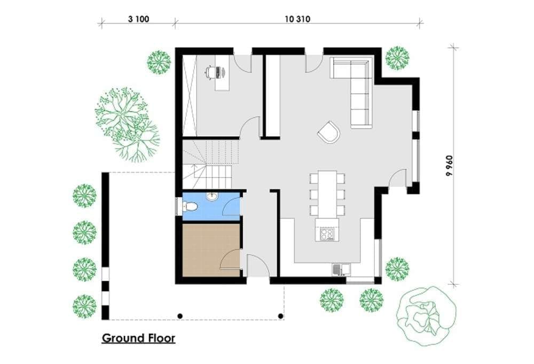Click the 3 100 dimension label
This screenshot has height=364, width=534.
click(138, 19)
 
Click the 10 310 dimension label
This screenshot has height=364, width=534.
click(297, 19)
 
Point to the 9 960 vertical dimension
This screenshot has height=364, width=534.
click(450, 165)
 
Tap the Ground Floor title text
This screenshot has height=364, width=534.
click(139, 338)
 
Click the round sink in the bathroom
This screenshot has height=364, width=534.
click(212, 197)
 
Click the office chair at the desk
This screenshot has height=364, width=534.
click(211, 72)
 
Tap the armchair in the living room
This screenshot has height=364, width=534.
click(329, 132)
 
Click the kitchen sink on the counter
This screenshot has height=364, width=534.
click(341, 269)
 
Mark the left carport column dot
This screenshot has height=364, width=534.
click(180, 316)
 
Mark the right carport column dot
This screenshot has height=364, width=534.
click(281, 316)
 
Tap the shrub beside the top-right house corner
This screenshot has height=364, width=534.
click(397, 58)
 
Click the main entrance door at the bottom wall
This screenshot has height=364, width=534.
click(258, 265)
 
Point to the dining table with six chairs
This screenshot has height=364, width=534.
click(327, 193)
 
